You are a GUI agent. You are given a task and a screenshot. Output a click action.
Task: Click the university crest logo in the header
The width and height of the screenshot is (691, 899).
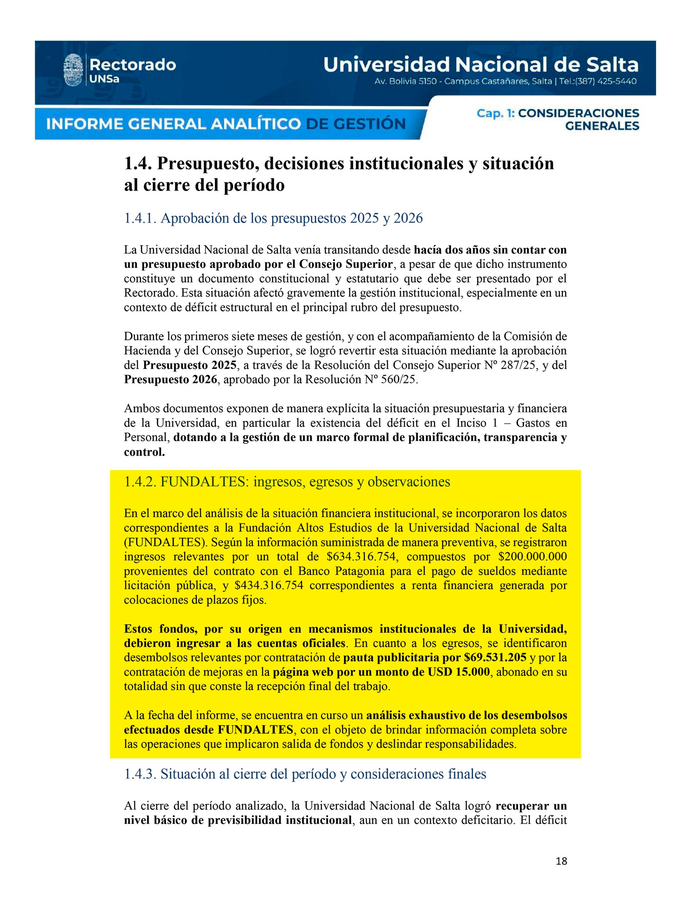[73, 70]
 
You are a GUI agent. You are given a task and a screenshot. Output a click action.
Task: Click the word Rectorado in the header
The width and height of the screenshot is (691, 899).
[132, 64]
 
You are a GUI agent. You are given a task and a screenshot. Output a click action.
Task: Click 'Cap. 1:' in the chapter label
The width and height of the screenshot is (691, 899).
[495, 113]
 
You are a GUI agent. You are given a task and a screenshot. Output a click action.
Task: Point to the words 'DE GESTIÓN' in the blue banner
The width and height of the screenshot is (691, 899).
[356, 124]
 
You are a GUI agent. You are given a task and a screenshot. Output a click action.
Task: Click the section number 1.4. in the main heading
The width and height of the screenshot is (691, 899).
[138, 164]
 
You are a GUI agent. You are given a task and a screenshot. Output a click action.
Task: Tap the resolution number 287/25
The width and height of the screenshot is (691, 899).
[519, 365]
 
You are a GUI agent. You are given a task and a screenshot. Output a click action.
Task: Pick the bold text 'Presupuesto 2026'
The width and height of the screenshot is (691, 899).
[171, 380]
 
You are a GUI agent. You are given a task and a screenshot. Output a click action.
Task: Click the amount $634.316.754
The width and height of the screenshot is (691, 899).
[362, 557]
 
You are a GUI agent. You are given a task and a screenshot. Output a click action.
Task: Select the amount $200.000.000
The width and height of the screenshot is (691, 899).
[532, 557]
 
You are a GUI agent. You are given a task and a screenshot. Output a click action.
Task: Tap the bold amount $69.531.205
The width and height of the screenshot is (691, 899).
[495, 658]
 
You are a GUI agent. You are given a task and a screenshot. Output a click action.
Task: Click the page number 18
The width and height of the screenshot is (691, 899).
[561, 861]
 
